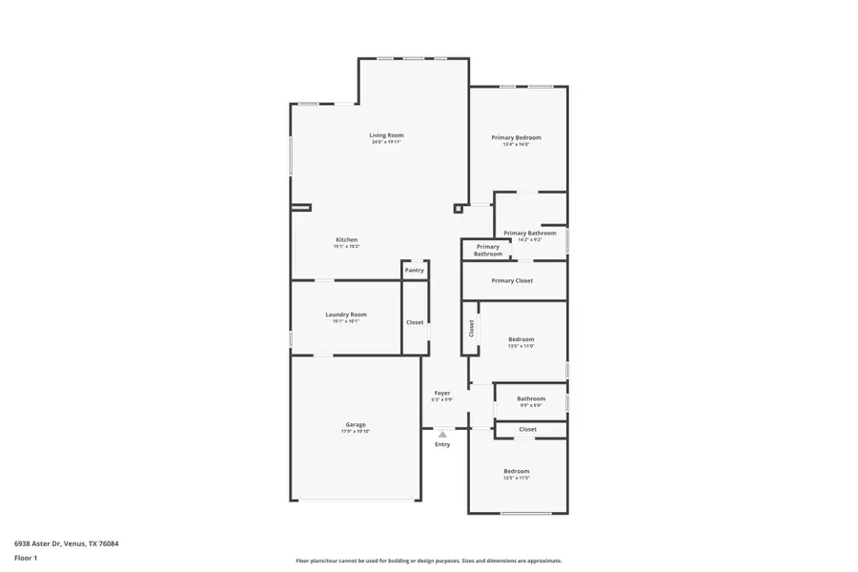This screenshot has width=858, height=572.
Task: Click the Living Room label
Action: tap(386, 135)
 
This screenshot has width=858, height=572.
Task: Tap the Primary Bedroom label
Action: tap(516, 138)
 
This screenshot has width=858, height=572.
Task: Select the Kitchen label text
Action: tap(346, 239)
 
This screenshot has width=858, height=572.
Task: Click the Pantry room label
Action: tap(414, 270)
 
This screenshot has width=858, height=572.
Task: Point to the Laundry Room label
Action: tap(345, 315)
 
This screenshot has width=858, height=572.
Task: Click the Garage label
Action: tap(355, 424)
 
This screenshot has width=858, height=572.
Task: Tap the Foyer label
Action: tap(442, 393)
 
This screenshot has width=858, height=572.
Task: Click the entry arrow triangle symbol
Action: tap(442, 434)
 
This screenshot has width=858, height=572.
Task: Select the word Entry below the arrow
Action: tap(442, 444)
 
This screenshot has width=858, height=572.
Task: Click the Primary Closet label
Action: tap(512, 280)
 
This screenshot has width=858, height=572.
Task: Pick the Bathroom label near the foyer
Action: tap(531, 398)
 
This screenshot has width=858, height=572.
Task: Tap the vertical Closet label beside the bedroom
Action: tap(471, 328)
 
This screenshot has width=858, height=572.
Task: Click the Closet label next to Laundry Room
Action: tap(415, 322)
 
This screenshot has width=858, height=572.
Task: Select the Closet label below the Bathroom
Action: tap(527, 429)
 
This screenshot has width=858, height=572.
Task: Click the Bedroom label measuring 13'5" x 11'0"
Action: tap(521, 339)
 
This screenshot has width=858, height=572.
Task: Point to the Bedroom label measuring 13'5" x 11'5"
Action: tap(516, 471)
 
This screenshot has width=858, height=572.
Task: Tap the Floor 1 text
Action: tap(26, 558)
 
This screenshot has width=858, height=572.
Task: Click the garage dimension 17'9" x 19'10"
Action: tap(355, 432)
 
